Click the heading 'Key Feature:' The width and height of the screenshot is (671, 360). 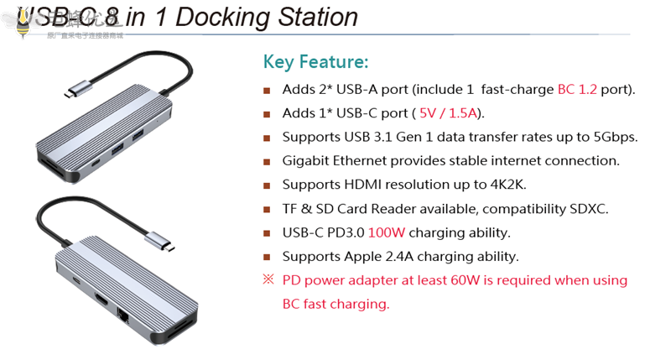point(315,62)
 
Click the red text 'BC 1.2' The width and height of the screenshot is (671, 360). point(577,89)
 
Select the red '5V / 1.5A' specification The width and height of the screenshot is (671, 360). point(450,113)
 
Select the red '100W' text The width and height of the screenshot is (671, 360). point(388,232)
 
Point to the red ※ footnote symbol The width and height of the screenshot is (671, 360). point(268,279)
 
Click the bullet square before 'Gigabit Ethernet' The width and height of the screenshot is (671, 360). point(268,161)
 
